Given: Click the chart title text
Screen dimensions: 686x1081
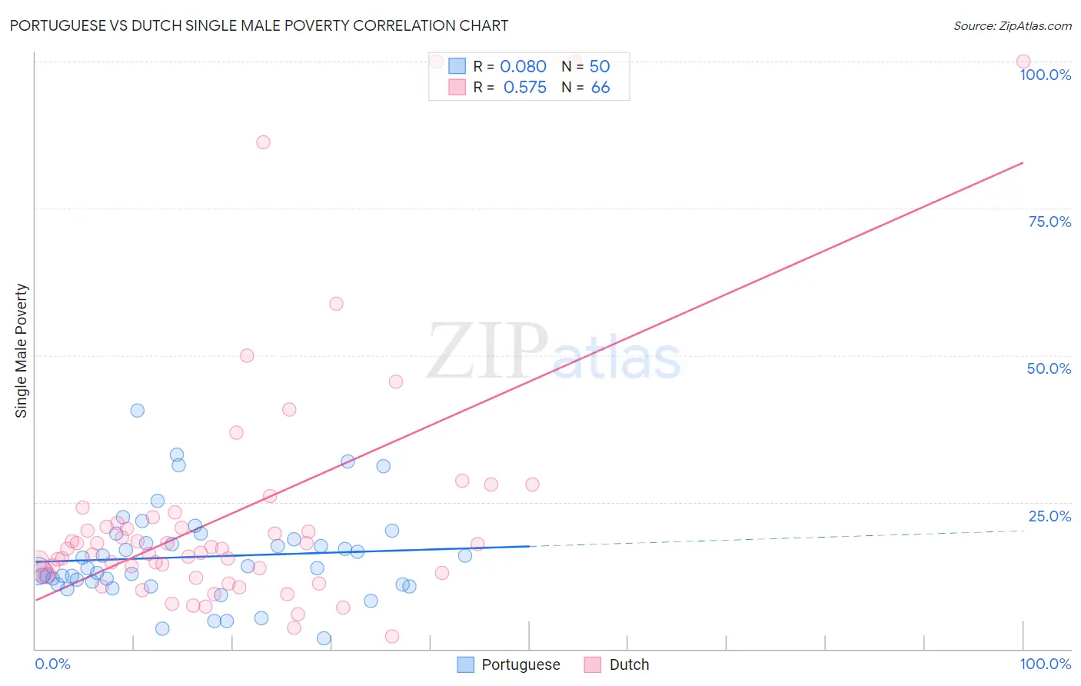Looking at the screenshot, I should [x=258, y=25].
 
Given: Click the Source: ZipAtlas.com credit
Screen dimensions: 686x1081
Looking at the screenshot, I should [x=1012, y=25].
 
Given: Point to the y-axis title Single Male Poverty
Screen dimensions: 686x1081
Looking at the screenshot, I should [x=22, y=351].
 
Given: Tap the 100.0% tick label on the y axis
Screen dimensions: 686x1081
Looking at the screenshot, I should [x=1045, y=75].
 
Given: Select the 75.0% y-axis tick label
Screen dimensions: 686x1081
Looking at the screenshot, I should [x=1049, y=221].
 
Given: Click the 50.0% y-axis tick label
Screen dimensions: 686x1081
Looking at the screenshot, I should [x=1049, y=368].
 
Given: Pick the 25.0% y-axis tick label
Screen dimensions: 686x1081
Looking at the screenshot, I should [x=1049, y=516].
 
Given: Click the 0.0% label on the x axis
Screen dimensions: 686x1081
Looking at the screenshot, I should [x=52, y=664].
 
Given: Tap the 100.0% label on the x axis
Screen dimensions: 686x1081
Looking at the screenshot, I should [x=1045, y=664].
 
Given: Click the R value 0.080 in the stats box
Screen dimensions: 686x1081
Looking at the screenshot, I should [x=523, y=67].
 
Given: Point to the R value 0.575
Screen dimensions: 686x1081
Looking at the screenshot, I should [x=524, y=88].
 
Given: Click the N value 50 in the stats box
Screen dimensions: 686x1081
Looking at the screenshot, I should [x=600, y=67].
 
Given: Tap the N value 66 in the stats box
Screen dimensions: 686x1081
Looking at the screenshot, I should [x=600, y=88].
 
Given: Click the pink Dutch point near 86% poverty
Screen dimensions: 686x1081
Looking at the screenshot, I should [x=263, y=142].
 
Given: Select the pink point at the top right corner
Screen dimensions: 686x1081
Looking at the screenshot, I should [x=1023, y=62].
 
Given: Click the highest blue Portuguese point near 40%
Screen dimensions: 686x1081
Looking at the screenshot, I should [x=138, y=411].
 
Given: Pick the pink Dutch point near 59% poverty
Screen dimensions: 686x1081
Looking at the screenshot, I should [x=336, y=304].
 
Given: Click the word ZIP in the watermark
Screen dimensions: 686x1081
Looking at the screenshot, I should [x=487, y=351].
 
